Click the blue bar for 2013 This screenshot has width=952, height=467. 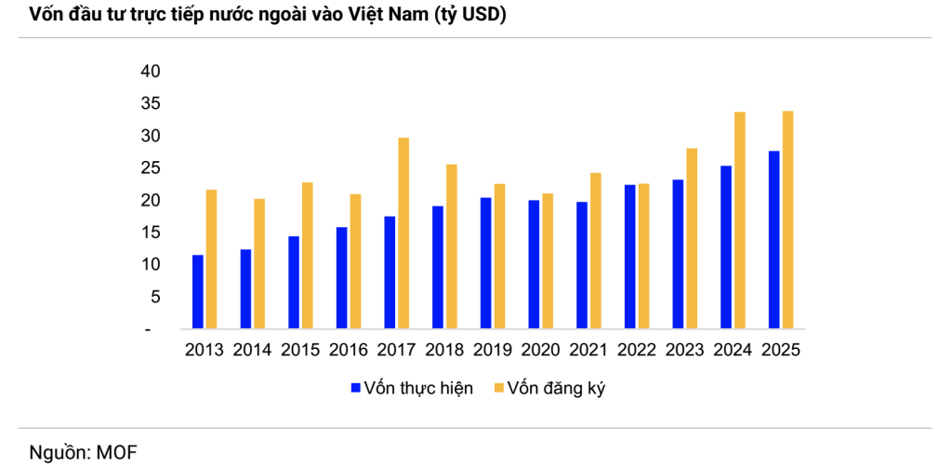198,291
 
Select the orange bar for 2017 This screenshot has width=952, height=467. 403,233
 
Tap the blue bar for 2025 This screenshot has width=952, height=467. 773,239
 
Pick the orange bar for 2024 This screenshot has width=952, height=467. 740,220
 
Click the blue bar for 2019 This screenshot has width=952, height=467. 485,262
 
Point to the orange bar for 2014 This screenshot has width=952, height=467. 259,263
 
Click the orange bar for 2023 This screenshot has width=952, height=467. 692,238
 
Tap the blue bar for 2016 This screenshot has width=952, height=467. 341,277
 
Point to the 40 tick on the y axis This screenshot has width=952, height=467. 151,72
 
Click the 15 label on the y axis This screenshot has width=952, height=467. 151,233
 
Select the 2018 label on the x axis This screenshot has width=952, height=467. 444,351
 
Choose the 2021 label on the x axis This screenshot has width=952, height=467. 588,351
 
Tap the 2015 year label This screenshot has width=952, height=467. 300,351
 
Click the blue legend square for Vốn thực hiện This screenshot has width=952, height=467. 355,388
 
